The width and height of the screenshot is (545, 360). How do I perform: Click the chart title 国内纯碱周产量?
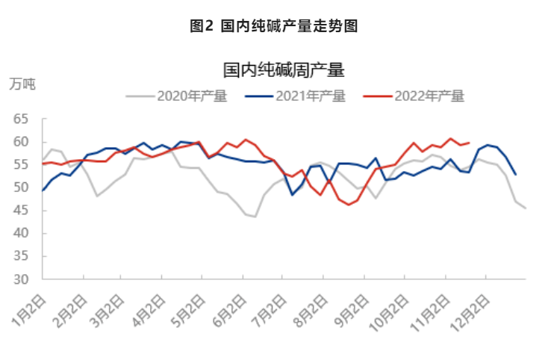coord(283,71)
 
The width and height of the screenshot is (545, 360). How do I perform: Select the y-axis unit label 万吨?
coord(22,83)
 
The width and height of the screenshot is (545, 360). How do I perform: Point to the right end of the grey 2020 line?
coord(526,208)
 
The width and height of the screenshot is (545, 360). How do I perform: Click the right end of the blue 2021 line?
coord(516,175)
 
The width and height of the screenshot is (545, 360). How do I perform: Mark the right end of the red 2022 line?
coord(468,142)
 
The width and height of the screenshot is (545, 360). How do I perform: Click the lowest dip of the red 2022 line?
coord(348,205)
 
